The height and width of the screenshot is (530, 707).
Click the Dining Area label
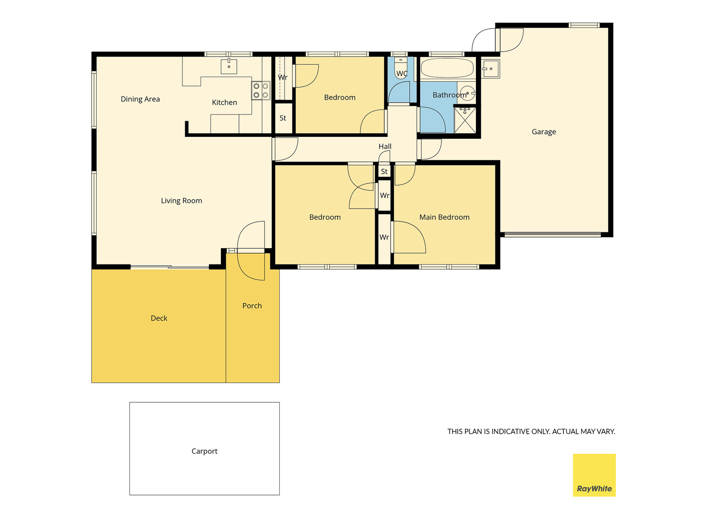coord(140,99)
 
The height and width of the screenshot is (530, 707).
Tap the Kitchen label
coord(224,102)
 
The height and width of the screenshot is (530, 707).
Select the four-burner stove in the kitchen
coord(261,91)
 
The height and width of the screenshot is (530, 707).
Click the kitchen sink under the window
coord(229,66)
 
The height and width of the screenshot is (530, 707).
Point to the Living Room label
coord(181,201)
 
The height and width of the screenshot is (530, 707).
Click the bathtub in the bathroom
coord(447,68)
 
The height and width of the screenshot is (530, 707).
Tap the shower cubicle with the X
coord(465,120)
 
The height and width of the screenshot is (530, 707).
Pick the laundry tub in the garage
coord(490,69)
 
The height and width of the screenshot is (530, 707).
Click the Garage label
coord(544,132)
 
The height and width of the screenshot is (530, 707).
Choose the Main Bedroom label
coord(444,217)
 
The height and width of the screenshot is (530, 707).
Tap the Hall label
coord(385,147)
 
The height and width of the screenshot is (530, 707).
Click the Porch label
coord(252,306)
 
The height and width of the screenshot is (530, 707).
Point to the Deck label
coord(159,318)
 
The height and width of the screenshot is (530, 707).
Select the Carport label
coord(204,451)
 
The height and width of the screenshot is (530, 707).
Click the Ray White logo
coord(594,475)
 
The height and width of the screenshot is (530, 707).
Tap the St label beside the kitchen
coord(283,118)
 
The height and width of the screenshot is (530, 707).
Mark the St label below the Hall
coord(384,171)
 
